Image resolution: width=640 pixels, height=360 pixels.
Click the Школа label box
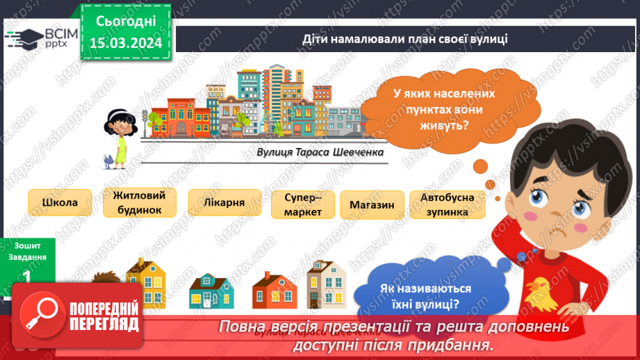pos(60,203)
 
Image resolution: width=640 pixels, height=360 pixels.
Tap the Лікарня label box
pos(226,203)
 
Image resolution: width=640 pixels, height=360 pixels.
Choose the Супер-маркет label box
pos(303,205)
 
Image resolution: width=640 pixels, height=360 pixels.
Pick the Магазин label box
pos(372,205)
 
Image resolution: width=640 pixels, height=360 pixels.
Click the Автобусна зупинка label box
pos(447,204)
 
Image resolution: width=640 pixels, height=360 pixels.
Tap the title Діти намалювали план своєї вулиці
pos(405,39)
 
